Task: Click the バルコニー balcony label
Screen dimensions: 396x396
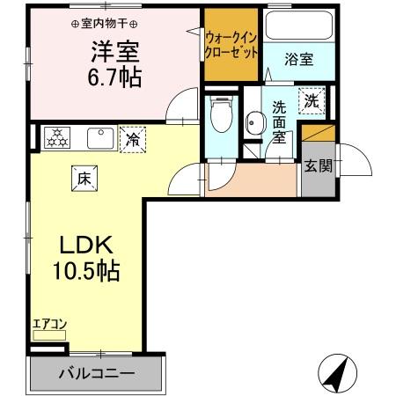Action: point(97,374)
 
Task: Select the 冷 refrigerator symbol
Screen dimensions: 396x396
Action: point(132,139)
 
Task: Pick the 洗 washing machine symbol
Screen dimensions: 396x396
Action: point(312,101)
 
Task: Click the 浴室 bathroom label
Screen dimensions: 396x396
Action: point(299,60)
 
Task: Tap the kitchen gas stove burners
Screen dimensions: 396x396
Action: point(58,137)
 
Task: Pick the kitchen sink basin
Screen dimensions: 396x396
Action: point(97,138)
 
